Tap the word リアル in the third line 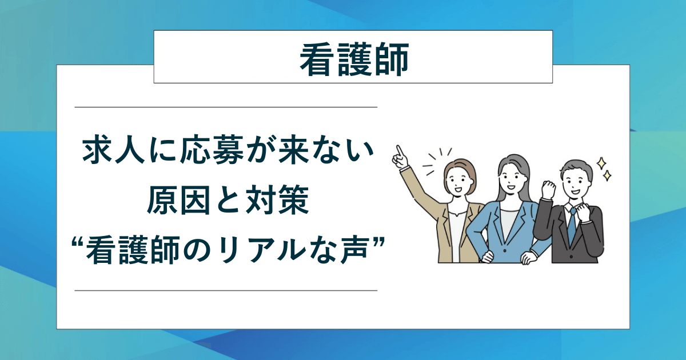click(x=282, y=250)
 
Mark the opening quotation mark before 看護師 click(x=77, y=243)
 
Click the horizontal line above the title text click(x=226, y=107)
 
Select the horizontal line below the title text click(x=226, y=290)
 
